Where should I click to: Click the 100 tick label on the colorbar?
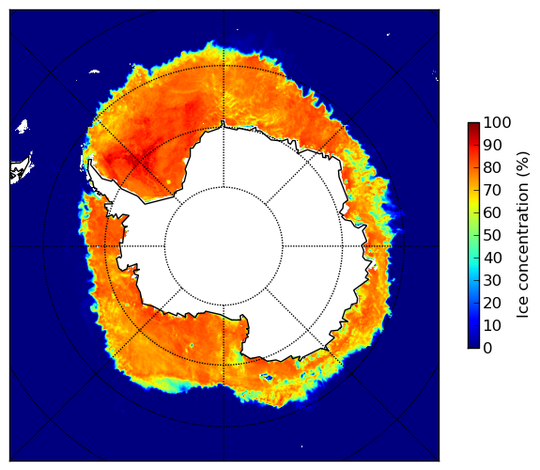[x=498, y=122]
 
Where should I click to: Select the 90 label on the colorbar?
[x=493, y=145]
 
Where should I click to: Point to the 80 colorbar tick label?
[x=493, y=168]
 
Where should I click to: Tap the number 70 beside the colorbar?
[x=493, y=190]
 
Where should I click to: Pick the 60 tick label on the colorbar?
[x=493, y=212]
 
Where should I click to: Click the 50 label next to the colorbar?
[x=493, y=236]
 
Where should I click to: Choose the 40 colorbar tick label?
[x=493, y=258]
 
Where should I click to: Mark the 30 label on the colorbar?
[x=493, y=280]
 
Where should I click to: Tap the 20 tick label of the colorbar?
[x=493, y=303]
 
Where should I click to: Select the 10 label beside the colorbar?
[x=493, y=325]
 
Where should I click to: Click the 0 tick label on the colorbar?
[x=488, y=349]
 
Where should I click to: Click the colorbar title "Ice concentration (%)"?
[x=522, y=235]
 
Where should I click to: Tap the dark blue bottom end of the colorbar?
[x=473, y=347]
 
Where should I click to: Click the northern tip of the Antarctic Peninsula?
[x=90, y=161]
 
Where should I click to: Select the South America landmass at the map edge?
[x=21, y=170]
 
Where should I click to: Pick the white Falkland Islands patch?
[x=22, y=127]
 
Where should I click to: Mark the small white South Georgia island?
[x=94, y=71]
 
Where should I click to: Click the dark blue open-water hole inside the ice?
[x=267, y=377]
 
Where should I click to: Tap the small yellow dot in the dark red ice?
[x=169, y=181]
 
